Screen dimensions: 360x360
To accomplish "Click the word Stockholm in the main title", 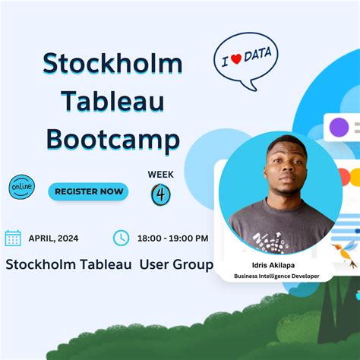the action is (112, 63).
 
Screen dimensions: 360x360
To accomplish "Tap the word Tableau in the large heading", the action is (112, 101).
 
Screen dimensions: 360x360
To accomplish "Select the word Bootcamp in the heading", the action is (113, 140).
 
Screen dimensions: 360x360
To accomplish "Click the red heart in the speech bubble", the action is (236, 58).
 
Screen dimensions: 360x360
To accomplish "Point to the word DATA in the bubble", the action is (257, 55).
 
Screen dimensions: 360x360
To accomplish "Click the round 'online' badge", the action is (22, 187).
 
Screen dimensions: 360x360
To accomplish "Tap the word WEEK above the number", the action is (161, 175).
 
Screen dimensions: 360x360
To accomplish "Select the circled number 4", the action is (161, 194).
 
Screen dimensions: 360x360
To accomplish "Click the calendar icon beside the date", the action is (13, 238).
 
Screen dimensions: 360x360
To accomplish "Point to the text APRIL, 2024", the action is (53, 238).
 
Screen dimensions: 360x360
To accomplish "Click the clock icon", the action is (121, 238).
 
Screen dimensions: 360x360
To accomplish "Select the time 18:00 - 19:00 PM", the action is (173, 238).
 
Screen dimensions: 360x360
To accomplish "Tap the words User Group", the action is (176, 265).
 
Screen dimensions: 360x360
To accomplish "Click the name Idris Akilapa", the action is (273, 265).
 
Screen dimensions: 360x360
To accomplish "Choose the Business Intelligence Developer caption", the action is (276, 276).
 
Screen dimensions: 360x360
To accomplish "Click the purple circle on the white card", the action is (339, 127).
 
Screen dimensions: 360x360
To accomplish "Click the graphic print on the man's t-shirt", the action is (269, 242).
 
